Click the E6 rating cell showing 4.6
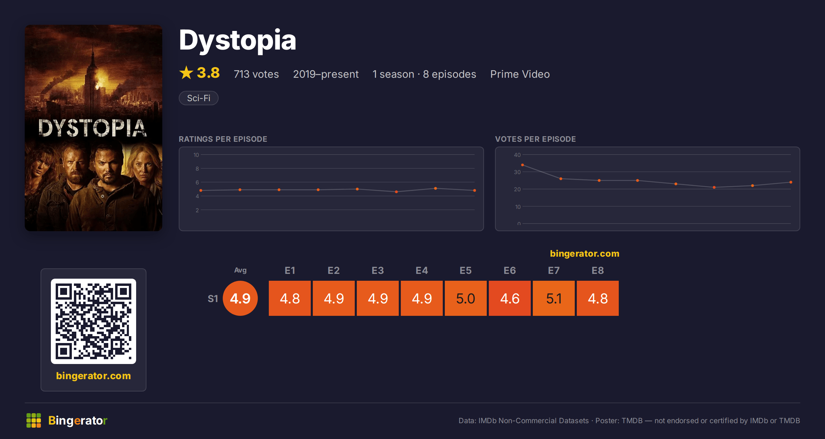(x=510, y=298)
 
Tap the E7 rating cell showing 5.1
(x=554, y=298)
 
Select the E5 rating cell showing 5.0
(x=466, y=298)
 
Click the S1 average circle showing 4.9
(x=240, y=298)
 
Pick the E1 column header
(x=290, y=270)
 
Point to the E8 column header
(x=598, y=270)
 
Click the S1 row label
(x=213, y=299)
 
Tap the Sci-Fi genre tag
(x=199, y=98)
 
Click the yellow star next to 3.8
(x=186, y=73)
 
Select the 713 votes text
(x=256, y=74)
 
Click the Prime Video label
(x=520, y=74)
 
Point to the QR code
(x=93, y=321)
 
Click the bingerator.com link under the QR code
(x=93, y=376)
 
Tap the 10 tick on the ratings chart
(x=196, y=155)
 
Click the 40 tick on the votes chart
(x=517, y=155)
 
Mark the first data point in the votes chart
(x=522, y=165)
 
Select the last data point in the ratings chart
(x=475, y=190)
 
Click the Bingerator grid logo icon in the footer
(x=34, y=420)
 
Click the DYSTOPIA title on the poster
(x=92, y=128)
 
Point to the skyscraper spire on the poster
(x=93, y=52)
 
